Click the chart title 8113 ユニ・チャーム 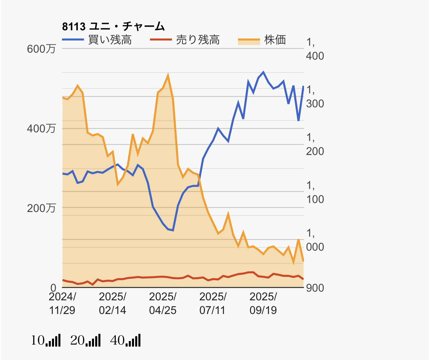113,26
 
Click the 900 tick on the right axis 315,288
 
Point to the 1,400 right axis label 315,49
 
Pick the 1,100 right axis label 315,192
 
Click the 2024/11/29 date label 62,303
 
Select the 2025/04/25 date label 163,303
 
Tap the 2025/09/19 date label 263,303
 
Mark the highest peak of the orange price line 168,76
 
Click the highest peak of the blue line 263,72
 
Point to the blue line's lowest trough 173,230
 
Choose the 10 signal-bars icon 46,340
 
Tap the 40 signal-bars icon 126,340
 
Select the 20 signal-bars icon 86,340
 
